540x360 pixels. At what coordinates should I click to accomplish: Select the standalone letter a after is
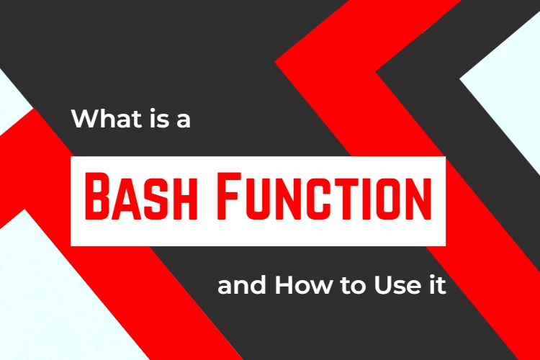click(x=182, y=120)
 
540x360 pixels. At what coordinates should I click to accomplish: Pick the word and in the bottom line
click(x=242, y=287)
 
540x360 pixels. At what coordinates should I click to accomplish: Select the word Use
click(x=395, y=287)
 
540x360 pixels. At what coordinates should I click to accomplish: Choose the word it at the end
click(x=434, y=287)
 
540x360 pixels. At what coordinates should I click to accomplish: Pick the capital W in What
click(x=85, y=118)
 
